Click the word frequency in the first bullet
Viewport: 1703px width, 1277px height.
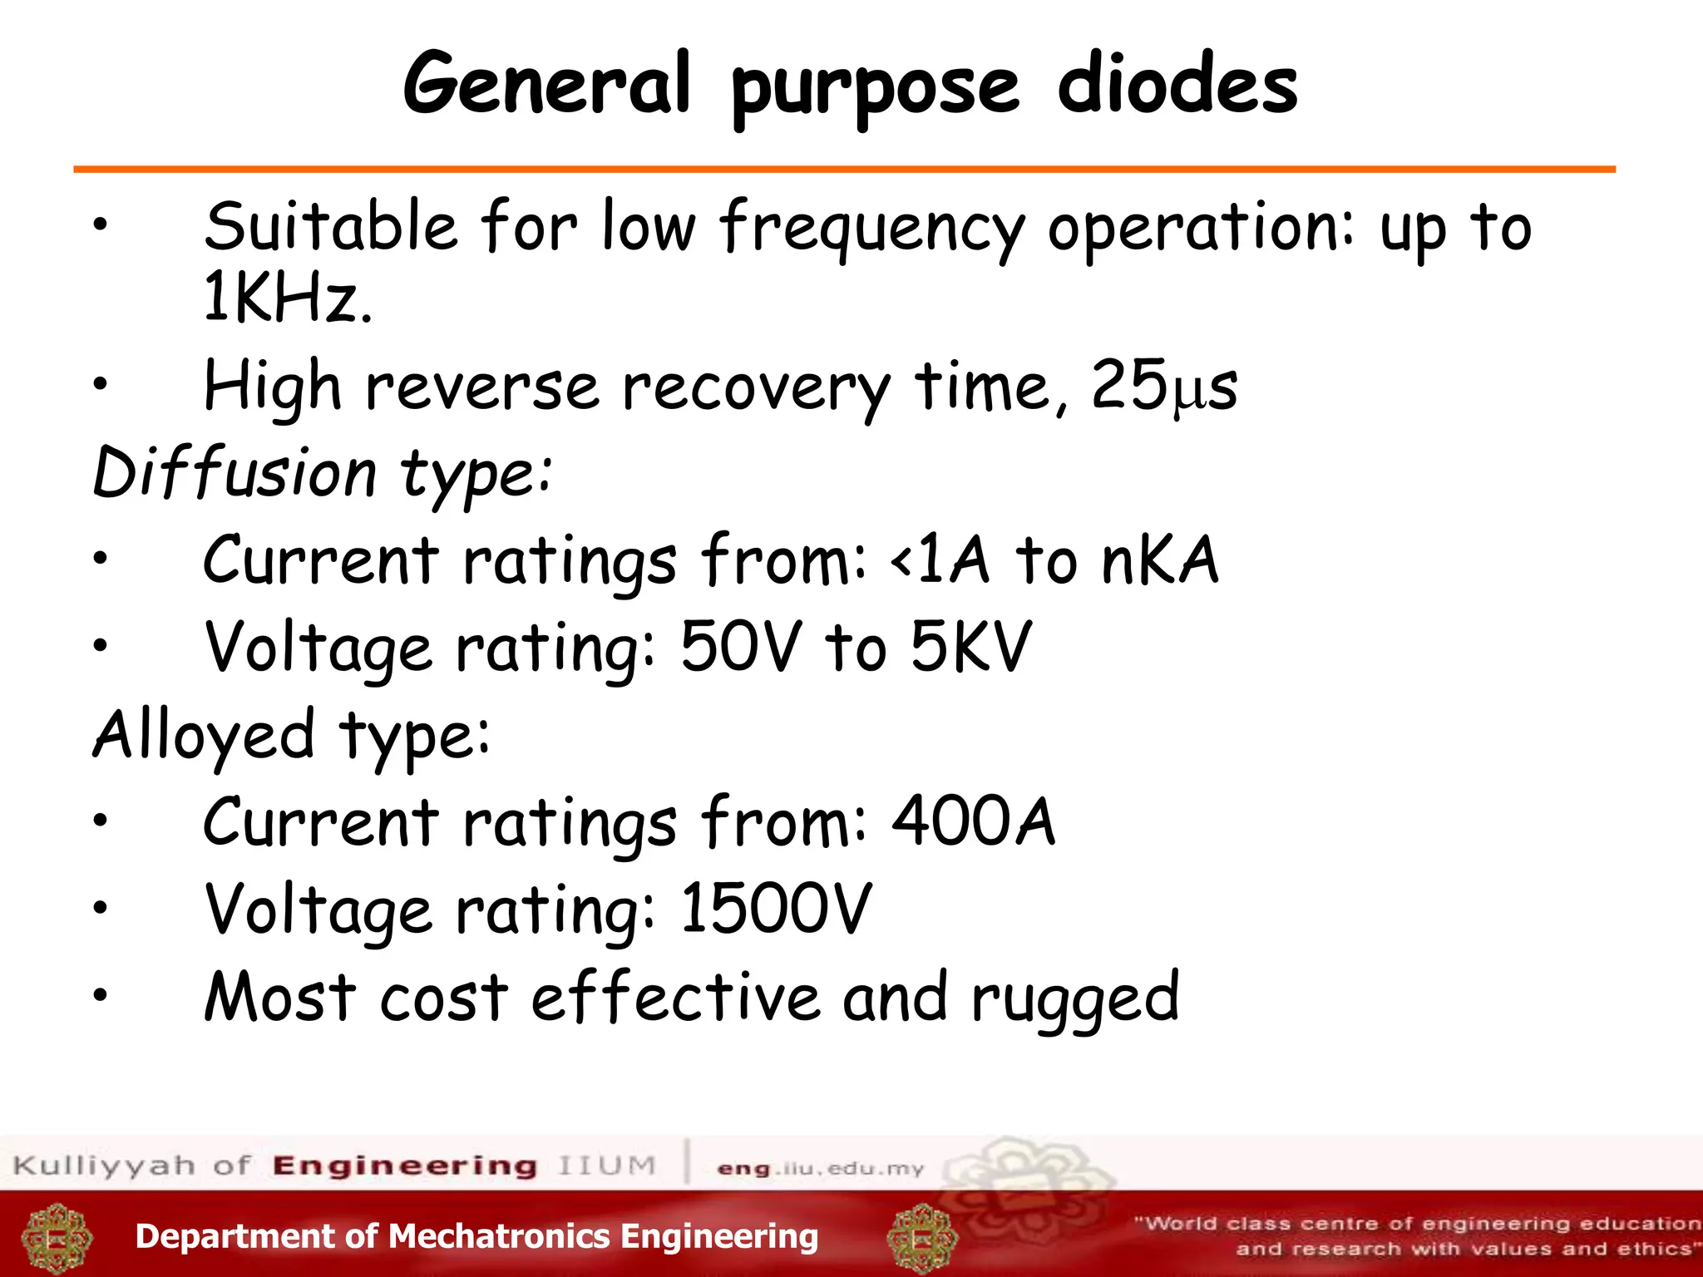click(x=871, y=228)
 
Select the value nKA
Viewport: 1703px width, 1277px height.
click(x=1159, y=560)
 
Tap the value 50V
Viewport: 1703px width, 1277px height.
click(x=742, y=648)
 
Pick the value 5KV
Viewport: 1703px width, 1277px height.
click(x=970, y=648)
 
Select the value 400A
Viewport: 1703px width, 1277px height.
click(x=973, y=822)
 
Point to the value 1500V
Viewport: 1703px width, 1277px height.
click(x=776, y=910)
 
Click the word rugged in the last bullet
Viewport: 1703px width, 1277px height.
click(x=1074, y=998)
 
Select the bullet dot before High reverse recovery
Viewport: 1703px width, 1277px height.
click(x=101, y=383)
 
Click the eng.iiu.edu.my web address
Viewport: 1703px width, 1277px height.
click(x=820, y=1169)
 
